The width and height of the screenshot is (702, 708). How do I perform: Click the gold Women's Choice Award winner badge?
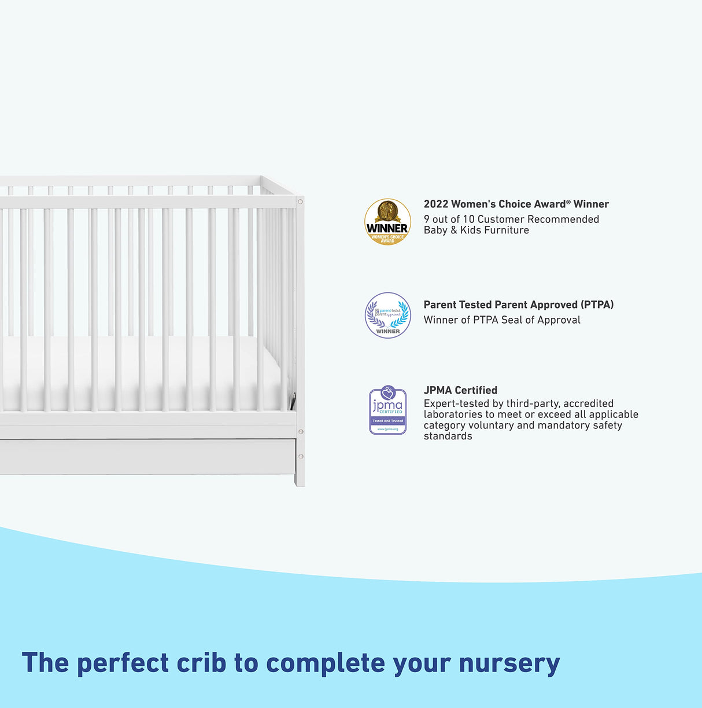(387, 222)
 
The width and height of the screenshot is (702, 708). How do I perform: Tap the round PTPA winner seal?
(387, 316)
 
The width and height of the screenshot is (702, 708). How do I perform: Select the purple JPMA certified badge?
(387, 410)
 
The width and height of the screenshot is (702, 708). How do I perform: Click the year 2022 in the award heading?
(435, 204)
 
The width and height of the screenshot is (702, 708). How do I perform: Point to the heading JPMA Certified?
(460, 390)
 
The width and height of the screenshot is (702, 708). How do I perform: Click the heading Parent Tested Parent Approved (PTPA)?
(518, 305)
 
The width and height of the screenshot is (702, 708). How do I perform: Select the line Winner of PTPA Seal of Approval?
(501, 320)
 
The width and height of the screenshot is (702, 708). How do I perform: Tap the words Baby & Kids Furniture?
(476, 230)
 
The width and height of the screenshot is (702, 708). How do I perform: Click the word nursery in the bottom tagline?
(509, 663)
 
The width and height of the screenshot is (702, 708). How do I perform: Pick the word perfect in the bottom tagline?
(123, 663)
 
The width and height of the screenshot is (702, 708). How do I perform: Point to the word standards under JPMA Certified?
(448, 436)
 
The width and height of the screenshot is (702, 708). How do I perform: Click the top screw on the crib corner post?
(300, 201)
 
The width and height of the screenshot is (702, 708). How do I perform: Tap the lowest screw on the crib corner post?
(300, 457)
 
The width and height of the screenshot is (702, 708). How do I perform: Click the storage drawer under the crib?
(145, 457)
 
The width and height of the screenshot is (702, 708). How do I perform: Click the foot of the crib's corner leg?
(300, 482)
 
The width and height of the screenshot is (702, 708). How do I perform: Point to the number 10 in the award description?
(468, 219)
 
